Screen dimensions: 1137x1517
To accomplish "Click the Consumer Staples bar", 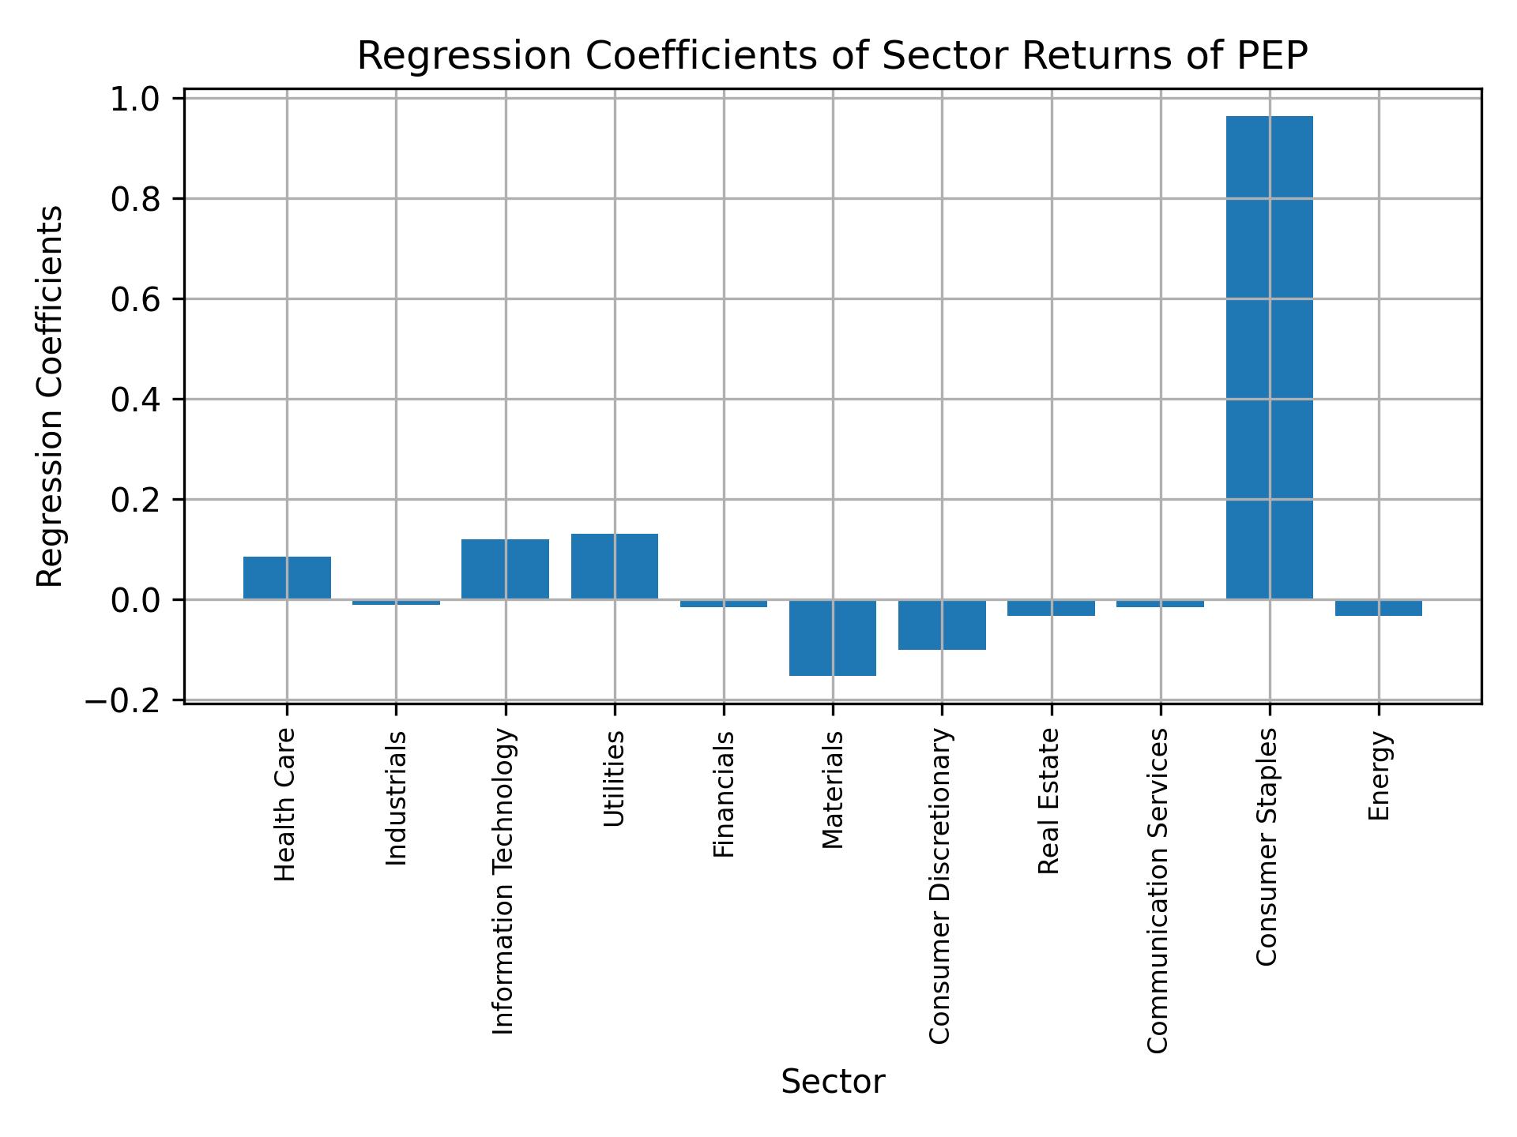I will pyautogui.click(x=1269, y=358).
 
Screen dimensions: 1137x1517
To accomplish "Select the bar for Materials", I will pyautogui.click(x=833, y=638).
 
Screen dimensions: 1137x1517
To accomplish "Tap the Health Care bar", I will pyautogui.click(x=287, y=578).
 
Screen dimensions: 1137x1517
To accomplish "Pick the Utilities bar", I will pyautogui.click(x=615, y=567).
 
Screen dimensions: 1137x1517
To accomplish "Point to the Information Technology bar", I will pyautogui.click(x=506, y=569).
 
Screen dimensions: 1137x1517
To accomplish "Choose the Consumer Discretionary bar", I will pyautogui.click(x=942, y=625).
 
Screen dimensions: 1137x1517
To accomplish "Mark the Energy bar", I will pyautogui.click(x=1379, y=608).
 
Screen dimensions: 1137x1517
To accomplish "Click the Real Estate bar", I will pyautogui.click(x=1051, y=608).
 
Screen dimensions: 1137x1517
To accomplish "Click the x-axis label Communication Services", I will pyautogui.click(x=1158, y=891).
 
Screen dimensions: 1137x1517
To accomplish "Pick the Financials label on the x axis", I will pyautogui.click(x=724, y=794).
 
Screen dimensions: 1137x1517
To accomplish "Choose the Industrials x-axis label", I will pyautogui.click(x=397, y=797).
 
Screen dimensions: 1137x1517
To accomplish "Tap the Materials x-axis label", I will pyautogui.click(x=833, y=790).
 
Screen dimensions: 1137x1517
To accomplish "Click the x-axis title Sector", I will pyautogui.click(x=833, y=1082).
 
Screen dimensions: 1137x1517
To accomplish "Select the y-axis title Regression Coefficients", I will pyautogui.click(x=51, y=396).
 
